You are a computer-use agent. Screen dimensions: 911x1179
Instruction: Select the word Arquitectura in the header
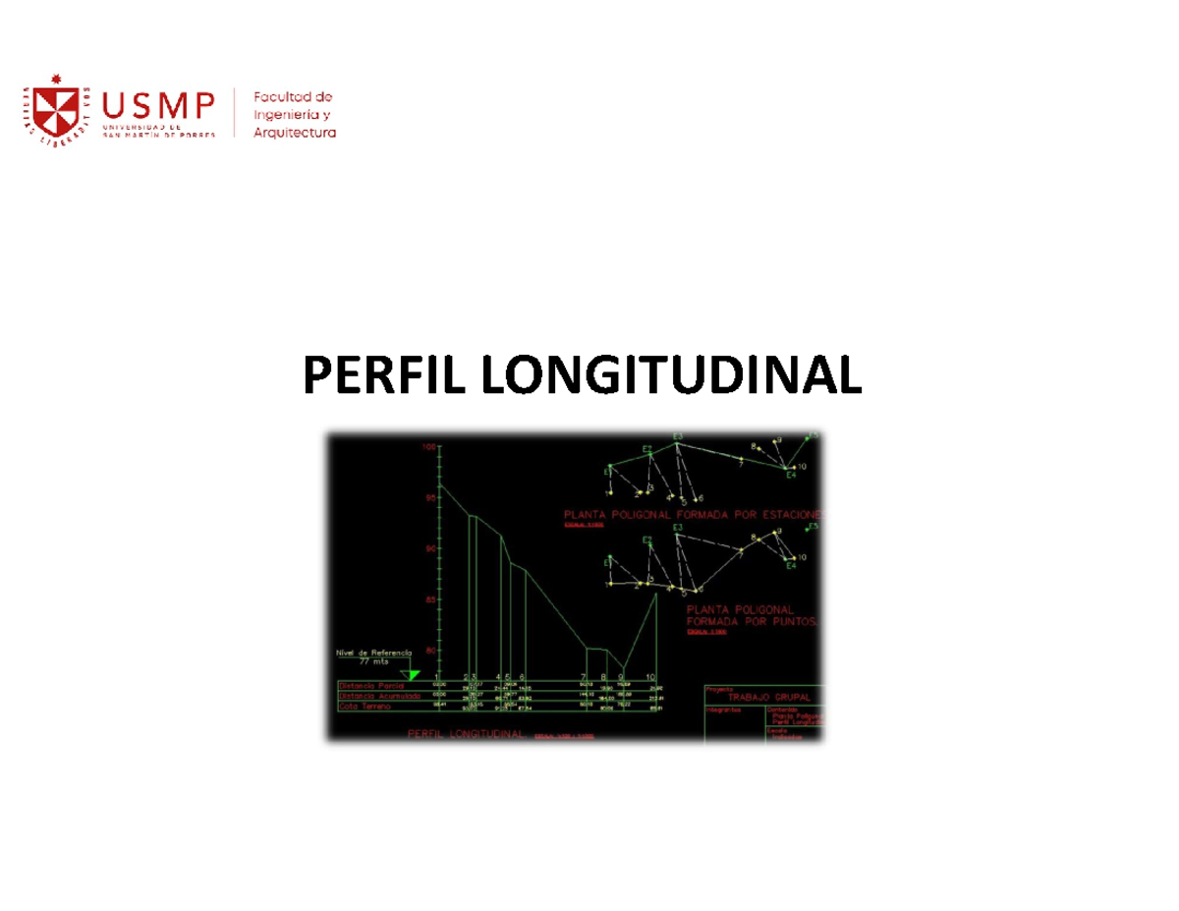pos(295,133)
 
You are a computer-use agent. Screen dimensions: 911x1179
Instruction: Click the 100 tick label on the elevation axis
pos(428,446)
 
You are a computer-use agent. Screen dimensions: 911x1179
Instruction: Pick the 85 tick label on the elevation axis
pos(429,599)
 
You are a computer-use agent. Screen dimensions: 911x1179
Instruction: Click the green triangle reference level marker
pos(414,674)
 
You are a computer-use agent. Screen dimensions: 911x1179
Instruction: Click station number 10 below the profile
pos(650,677)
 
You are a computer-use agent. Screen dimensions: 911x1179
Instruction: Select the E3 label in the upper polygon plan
pos(678,436)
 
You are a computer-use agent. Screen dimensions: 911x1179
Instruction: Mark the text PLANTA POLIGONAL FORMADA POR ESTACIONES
pos(693,514)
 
